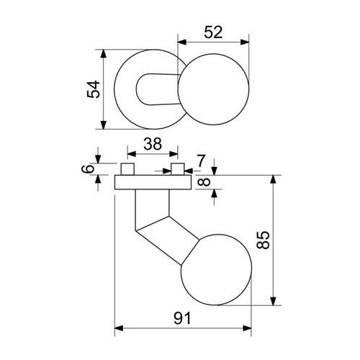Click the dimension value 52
click(x=213, y=32)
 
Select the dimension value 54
click(x=93, y=89)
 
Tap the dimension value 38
click(x=153, y=144)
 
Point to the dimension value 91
click(x=182, y=318)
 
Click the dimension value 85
click(x=263, y=240)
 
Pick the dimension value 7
click(x=201, y=161)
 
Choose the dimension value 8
click(x=204, y=182)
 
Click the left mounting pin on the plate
click(x=127, y=169)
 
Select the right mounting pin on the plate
click(x=178, y=169)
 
